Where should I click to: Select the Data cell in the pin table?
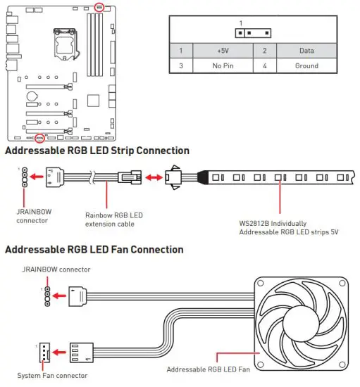[306, 51]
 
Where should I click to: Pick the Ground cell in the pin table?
[306, 66]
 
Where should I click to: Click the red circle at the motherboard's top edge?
[100, 6]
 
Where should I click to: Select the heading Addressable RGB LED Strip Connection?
[97, 151]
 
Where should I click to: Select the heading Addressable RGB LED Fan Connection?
[94, 250]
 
